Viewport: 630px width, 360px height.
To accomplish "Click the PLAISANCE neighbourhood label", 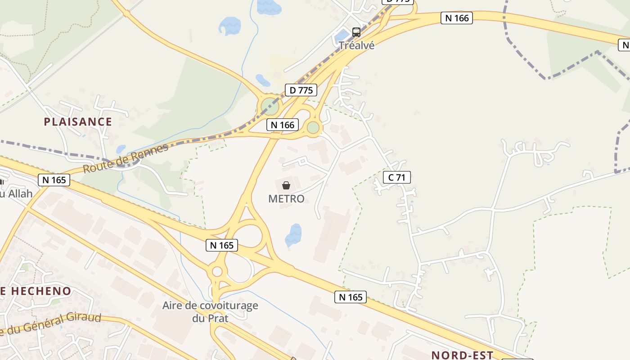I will (78, 121).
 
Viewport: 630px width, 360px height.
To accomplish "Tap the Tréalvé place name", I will (356, 45).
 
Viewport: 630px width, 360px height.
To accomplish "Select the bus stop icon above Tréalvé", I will (356, 32).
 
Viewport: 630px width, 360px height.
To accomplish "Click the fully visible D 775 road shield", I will (301, 90).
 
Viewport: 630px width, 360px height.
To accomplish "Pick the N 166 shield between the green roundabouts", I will (283, 125).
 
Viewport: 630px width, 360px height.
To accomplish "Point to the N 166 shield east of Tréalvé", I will (457, 18).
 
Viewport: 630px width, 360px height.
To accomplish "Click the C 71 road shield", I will (396, 177).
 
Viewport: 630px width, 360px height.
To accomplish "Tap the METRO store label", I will (286, 198).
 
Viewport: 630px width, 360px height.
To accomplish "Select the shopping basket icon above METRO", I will (286, 185).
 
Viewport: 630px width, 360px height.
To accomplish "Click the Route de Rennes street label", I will (126, 158).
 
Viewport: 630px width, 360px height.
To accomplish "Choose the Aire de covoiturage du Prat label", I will (210, 312).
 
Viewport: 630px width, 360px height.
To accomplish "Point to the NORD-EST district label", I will (462, 355).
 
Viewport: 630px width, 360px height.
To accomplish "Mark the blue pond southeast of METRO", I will (293, 235).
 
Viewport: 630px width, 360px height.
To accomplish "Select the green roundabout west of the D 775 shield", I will (270, 107).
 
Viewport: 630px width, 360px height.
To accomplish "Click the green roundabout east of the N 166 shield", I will (313, 128).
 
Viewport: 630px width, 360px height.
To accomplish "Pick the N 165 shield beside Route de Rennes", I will (54, 180).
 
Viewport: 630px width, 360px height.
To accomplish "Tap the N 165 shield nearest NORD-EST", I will (351, 297).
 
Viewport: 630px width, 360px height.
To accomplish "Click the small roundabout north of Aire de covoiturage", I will (217, 271).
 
